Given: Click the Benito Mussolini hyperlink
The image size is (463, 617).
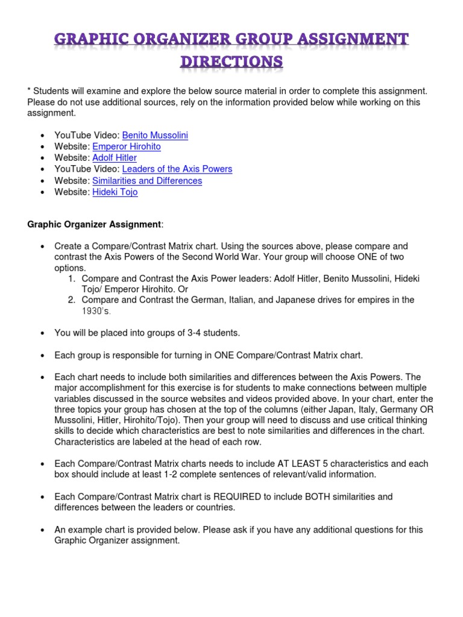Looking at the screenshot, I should coord(155,136).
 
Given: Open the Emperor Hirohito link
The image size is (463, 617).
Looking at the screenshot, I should coord(127,146).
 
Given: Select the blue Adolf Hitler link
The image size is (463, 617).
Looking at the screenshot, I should coord(115,158).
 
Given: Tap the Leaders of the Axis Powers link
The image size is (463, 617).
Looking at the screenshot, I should coord(177,169).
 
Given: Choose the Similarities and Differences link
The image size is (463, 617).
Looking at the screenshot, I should coord(147,181).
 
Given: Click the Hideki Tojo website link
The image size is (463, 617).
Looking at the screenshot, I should coord(115,192).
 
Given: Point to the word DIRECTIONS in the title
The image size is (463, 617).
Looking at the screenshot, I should coord(231,62).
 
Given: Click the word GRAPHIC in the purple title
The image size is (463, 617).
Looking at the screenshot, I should coord(91,40).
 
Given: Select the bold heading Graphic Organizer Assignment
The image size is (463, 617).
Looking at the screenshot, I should coord(94,225).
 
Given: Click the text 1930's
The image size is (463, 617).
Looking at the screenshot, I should coord(96,312).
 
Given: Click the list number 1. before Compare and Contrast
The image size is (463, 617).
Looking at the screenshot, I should coord(71,279).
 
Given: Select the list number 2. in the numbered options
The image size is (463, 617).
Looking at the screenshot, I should coord(71,300).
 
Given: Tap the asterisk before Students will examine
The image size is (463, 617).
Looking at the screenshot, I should coord(29,92).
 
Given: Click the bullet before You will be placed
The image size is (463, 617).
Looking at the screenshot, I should coord(42,333).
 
